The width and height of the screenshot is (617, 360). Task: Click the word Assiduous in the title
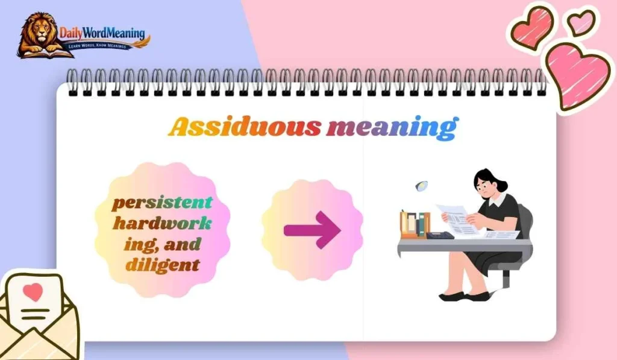point(244,127)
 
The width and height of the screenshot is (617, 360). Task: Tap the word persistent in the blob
point(162,203)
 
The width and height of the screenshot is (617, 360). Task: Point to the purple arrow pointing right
point(312,230)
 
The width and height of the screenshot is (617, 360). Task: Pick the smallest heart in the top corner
point(581,22)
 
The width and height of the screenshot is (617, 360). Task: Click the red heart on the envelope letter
point(34,292)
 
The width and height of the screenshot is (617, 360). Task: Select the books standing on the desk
point(414,224)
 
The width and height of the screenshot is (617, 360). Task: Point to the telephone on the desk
point(439,235)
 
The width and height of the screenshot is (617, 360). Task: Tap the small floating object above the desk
point(422,186)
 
